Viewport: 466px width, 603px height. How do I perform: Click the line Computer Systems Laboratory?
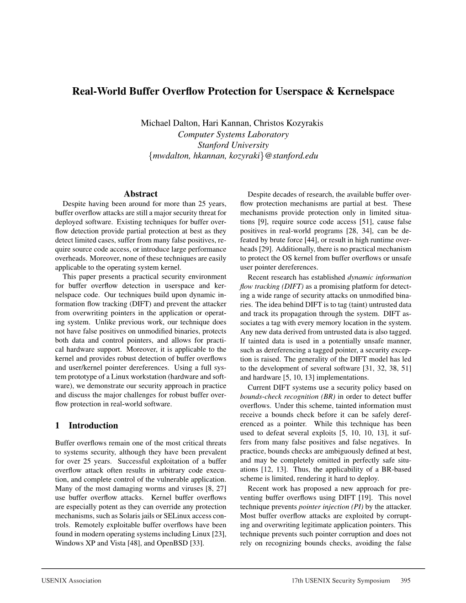click(233, 134)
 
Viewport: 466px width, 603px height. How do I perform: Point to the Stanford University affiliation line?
click(233, 145)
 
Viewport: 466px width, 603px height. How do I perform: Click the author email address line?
click(233, 156)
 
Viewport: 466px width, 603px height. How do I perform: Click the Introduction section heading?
click(93, 425)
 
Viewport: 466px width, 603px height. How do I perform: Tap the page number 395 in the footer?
click(405, 581)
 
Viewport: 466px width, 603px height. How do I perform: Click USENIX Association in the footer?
click(78, 581)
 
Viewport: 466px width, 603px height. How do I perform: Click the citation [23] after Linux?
click(218, 534)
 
